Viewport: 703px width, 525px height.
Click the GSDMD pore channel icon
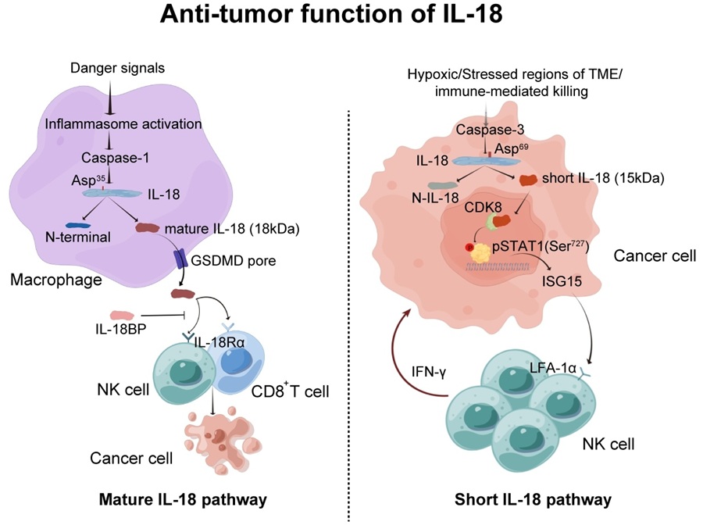click(181, 259)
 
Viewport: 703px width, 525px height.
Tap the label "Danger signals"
click(117, 68)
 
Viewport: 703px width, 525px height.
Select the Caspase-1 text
click(116, 158)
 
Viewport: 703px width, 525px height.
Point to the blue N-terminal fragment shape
click(78, 226)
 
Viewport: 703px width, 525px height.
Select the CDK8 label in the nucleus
click(483, 207)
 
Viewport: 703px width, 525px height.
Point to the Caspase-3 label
click(490, 130)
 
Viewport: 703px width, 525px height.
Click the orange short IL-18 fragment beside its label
click(528, 180)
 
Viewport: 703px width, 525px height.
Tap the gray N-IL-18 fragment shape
click(441, 185)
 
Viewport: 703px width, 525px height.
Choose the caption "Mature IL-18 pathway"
click(183, 499)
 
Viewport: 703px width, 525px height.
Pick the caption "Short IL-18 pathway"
click(533, 499)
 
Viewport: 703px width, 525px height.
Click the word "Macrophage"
click(56, 280)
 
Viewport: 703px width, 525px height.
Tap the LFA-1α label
click(553, 369)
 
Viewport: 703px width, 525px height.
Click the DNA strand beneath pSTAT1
click(498, 268)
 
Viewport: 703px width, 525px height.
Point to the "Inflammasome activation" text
click(123, 123)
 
